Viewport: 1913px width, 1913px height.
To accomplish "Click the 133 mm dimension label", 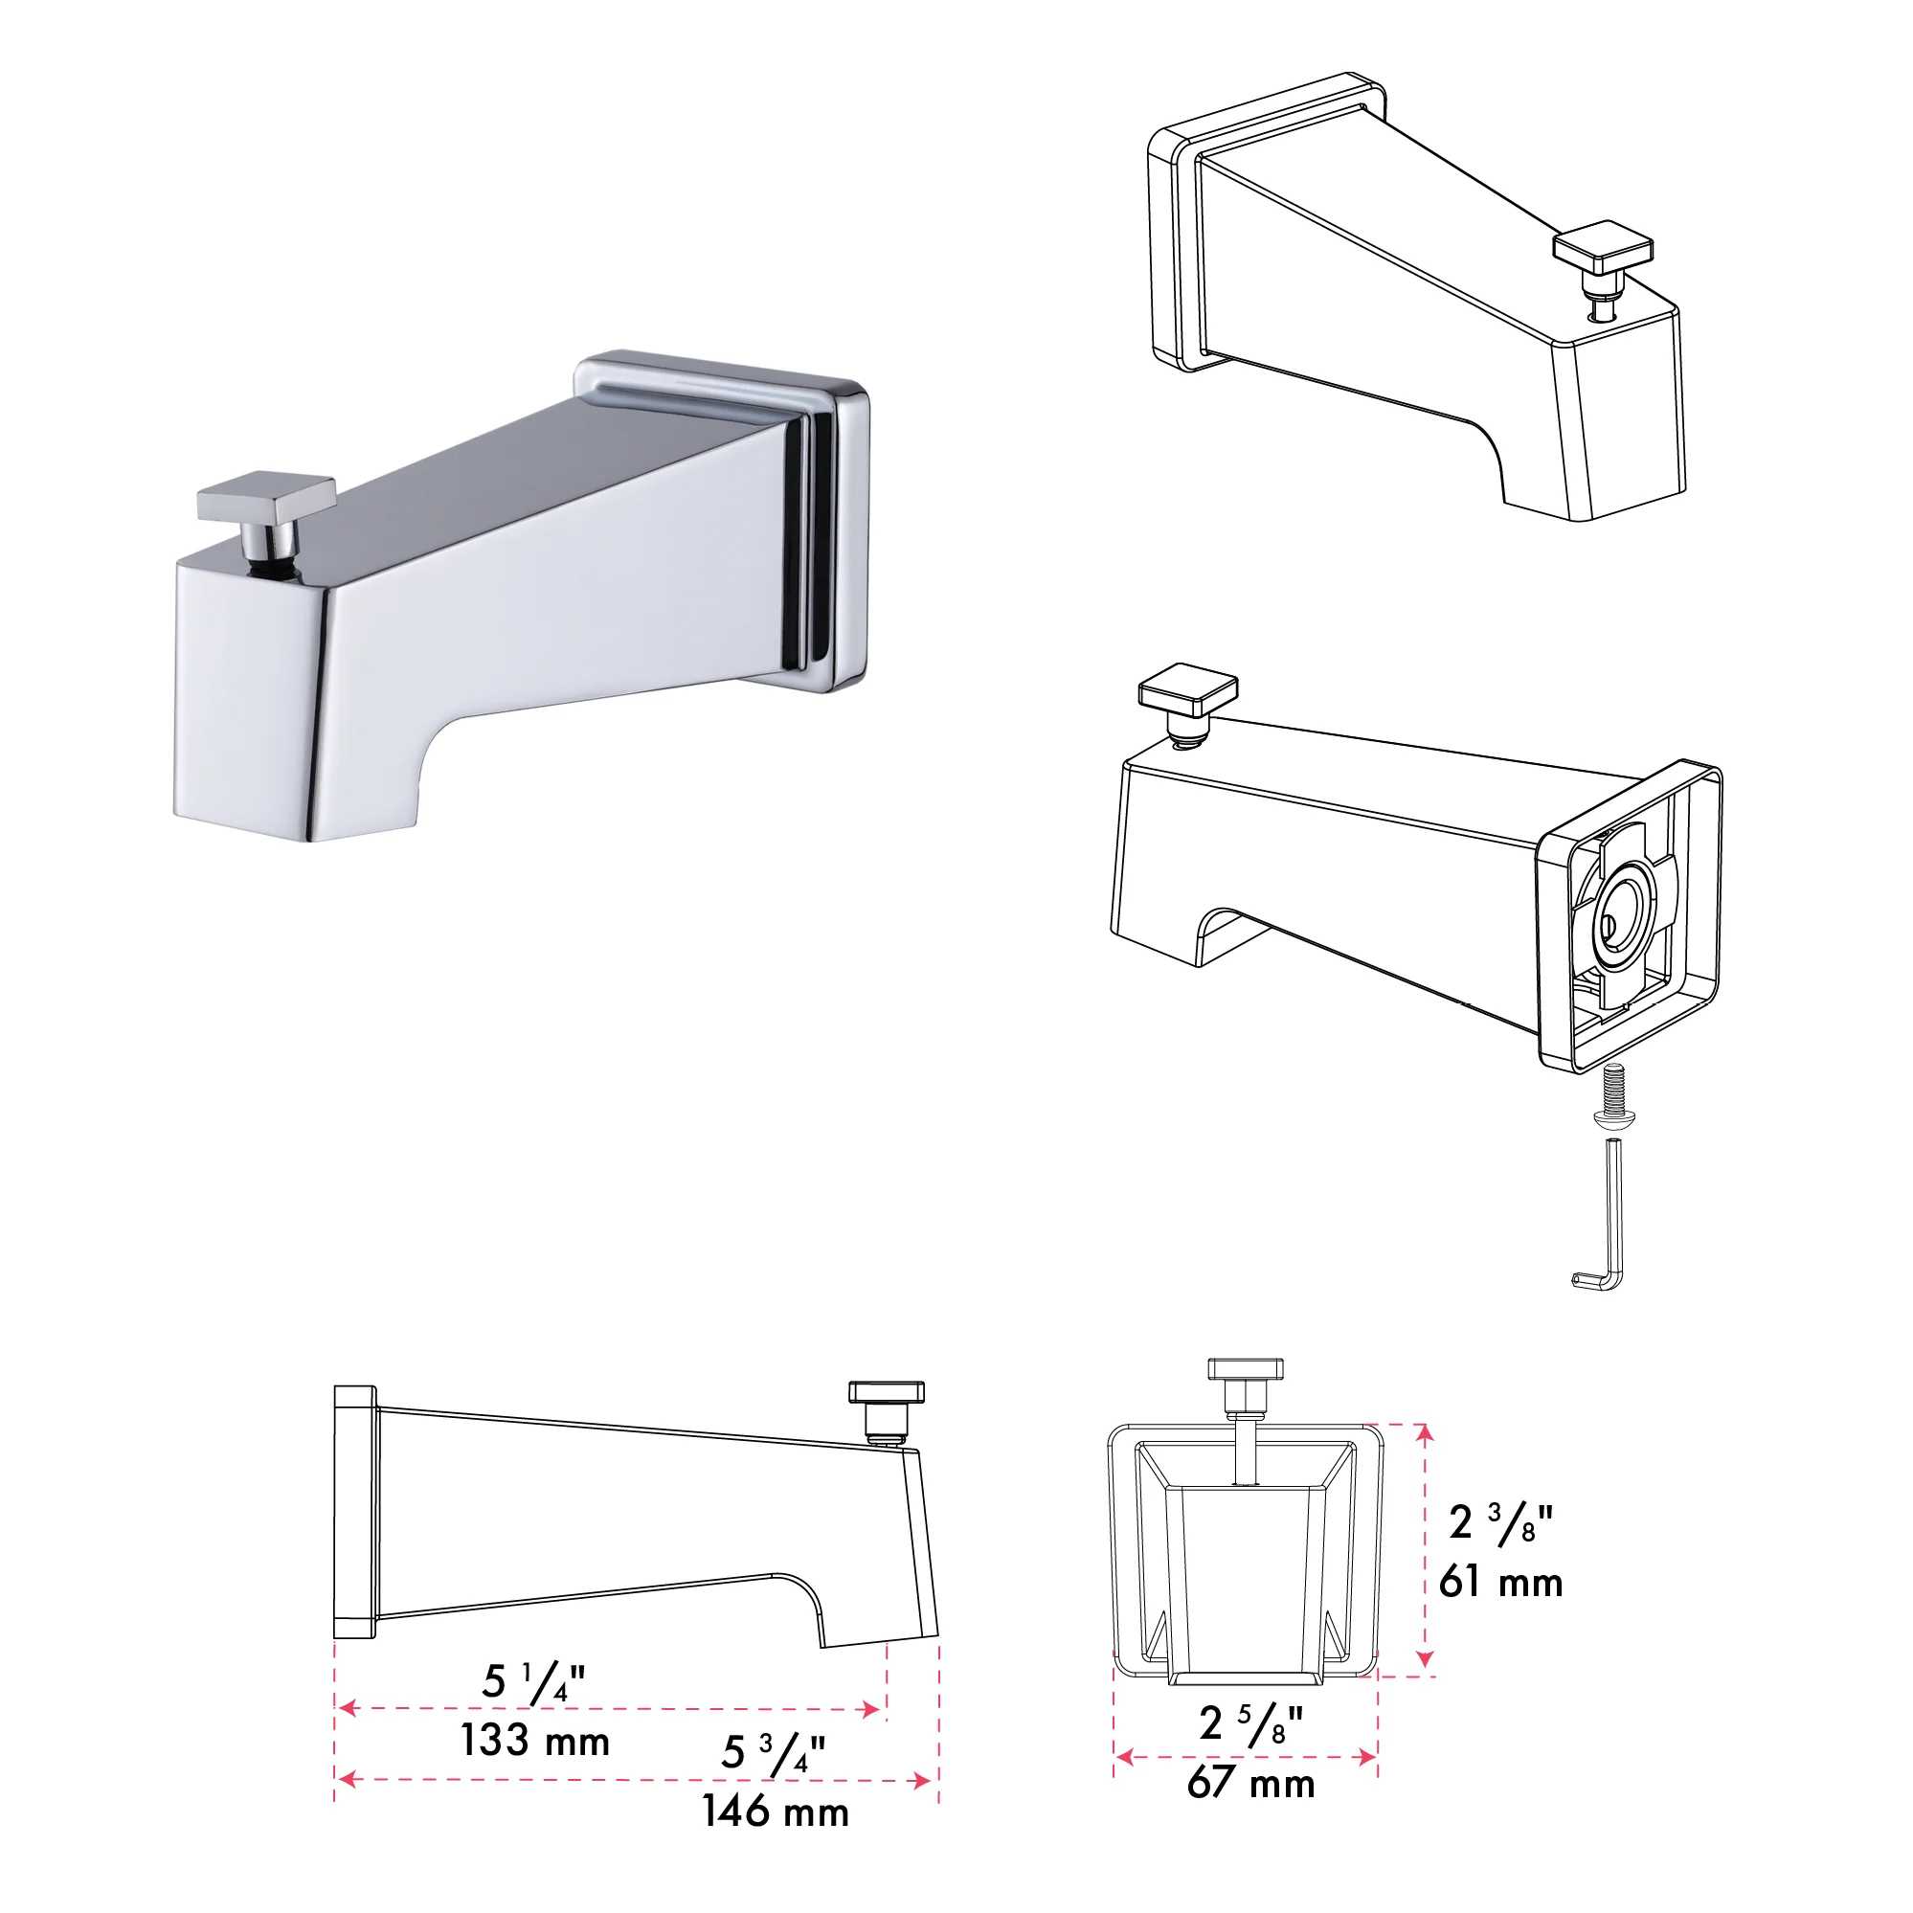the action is pyautogui.click(x=534, y=1742).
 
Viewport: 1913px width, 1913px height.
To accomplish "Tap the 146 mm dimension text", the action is pyautogui.click(x=776, y=1812).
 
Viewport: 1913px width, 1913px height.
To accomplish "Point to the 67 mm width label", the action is pyautogui.click(x=1250, y=1782).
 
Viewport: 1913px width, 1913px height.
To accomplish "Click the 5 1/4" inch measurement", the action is pyautogui.click(x=533, y=1682).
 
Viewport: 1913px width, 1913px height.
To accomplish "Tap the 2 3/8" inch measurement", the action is pyautogui.click(x=1500, y=1523).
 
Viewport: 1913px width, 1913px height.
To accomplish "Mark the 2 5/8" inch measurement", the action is pyautogui.click(x=1250, y=1723).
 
